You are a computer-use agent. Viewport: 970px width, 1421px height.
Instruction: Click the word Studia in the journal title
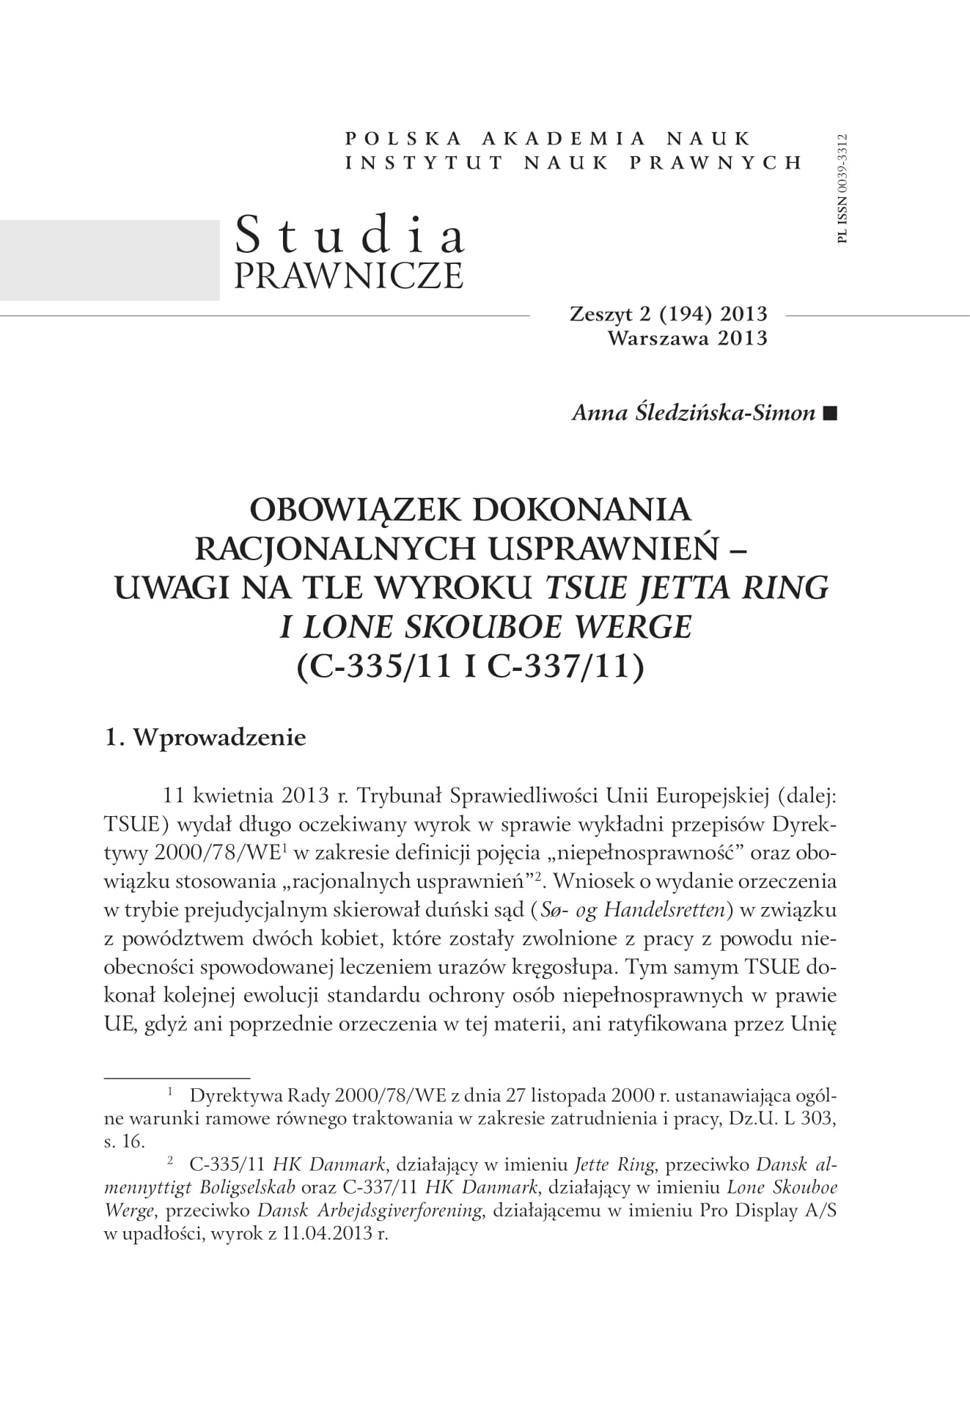(x=350, y=236)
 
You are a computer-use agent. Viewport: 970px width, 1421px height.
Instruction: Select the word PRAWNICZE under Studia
(x=348, y=276)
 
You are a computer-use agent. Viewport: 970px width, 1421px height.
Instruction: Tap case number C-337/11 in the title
(x=565, y=668)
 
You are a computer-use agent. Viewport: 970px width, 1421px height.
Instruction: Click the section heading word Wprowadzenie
(x=218, y=737)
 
